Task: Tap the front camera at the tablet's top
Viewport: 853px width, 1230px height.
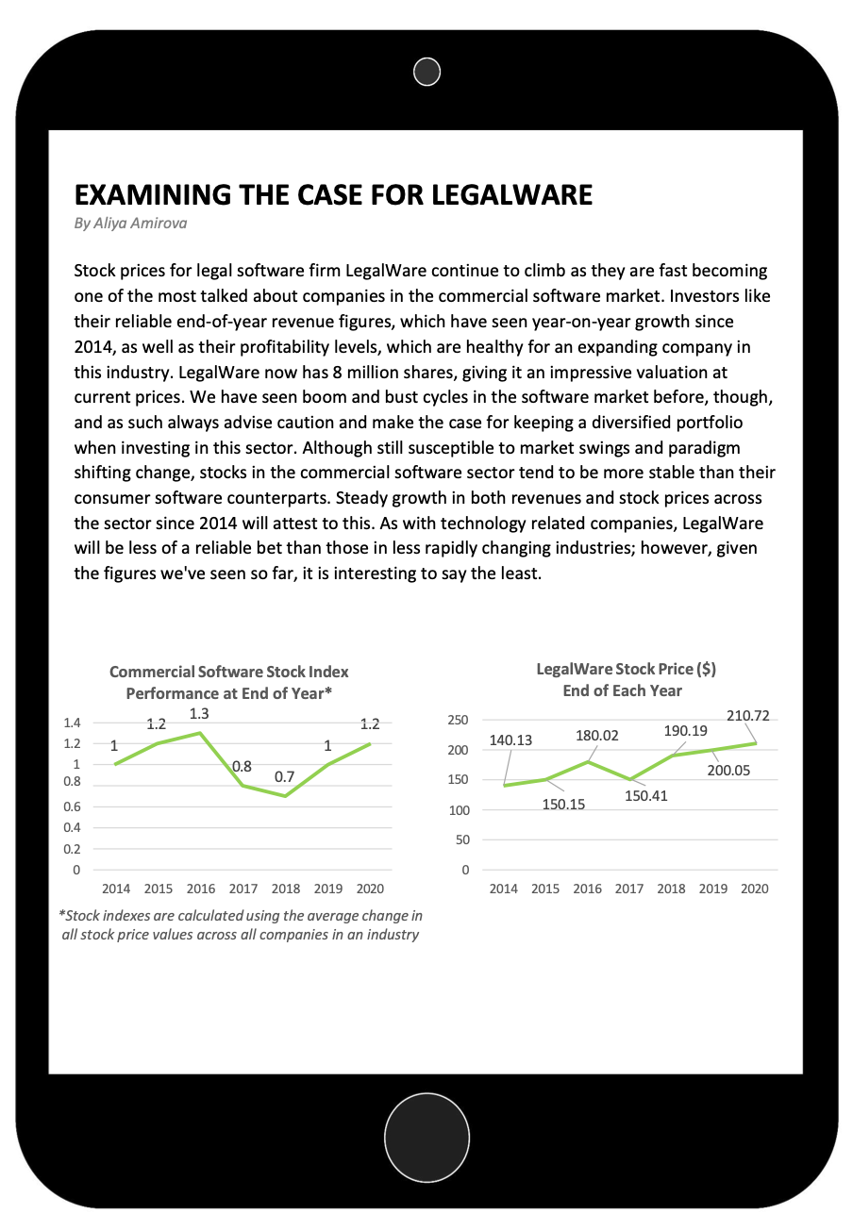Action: tap(427, 71)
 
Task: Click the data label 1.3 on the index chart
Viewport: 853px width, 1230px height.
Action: tap(199, 714)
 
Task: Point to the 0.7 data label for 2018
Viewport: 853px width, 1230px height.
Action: tap(284, 776)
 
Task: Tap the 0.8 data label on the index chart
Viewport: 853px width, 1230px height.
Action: tap(243, 766)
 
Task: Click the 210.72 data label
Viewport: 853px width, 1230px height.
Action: tap(747, 716)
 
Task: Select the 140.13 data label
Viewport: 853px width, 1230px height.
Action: tap(510, 740)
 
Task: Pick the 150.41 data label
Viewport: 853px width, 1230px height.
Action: tap(646, 795)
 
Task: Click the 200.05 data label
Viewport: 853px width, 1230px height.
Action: tap(728, 771)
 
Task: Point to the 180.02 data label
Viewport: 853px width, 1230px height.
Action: tap(597, 735)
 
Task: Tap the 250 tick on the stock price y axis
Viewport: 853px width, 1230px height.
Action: tap(458, 721)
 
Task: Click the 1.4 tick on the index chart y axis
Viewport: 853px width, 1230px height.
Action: tap(71, 723)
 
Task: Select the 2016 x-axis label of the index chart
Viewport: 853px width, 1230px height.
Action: tap(201, 889)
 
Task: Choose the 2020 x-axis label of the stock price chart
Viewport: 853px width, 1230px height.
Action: tap(754, 889)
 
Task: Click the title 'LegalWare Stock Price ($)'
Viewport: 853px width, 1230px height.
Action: tap(626, 669)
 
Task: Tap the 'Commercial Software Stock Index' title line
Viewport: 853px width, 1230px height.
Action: tap(229, 672)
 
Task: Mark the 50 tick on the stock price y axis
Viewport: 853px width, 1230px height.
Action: tap(461, 839)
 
